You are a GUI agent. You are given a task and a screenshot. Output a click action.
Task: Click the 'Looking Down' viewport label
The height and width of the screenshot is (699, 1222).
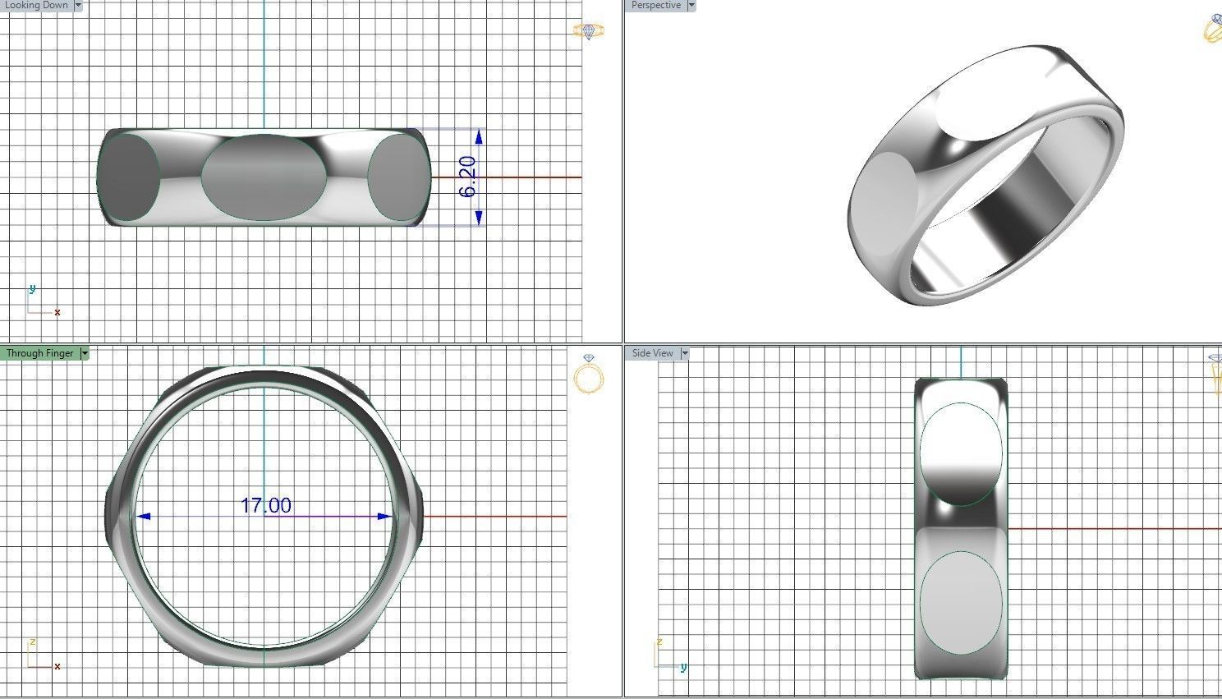click(x=36, y=5)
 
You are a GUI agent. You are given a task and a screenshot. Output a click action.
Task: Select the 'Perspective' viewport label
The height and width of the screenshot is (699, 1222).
click(x=655, y=5)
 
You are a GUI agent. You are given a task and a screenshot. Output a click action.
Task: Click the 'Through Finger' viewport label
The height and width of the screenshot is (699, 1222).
click(x=39, y=353)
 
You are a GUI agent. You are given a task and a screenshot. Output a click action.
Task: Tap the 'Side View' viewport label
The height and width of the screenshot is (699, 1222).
click(x=652, y=353)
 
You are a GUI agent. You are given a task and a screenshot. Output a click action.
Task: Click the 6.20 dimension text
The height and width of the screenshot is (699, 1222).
click(x=467, y=177)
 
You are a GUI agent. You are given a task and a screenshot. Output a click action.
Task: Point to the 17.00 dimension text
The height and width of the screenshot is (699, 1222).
click(x=265, y=505)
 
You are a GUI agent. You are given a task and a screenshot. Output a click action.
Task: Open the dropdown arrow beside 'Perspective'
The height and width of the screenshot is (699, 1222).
click(x=691, y=5)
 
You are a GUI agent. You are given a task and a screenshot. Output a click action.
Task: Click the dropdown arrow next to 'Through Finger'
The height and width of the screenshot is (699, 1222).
click(x=85, y=353)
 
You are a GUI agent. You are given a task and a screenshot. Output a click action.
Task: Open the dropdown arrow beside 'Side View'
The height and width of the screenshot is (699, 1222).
click(x=685, y=353)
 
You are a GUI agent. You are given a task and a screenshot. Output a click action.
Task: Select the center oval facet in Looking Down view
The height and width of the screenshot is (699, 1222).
click(x=264, y=177)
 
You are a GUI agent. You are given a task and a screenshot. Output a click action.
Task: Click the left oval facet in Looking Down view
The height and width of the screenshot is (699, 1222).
click(x=129, y=177)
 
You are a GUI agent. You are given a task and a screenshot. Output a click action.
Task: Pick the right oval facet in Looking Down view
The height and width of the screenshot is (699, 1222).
click(x=395, y=178)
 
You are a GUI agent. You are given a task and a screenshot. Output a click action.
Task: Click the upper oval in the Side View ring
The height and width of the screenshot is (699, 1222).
click(x=960, y=453)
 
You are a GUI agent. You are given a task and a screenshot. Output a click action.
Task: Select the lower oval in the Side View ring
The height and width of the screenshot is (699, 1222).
click(x=960, y=603)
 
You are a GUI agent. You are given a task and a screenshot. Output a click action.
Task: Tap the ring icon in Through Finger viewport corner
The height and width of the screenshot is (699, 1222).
click(x=589, y=375)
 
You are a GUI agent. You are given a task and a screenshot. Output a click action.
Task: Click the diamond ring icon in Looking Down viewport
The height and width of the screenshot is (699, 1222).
click(x=589, y=31)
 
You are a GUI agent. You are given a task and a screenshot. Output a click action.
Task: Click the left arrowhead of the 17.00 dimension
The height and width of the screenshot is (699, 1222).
click(x=144, y=517)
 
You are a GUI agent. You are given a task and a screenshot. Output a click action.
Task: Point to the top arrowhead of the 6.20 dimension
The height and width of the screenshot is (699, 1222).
click(x=479, y=136)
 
